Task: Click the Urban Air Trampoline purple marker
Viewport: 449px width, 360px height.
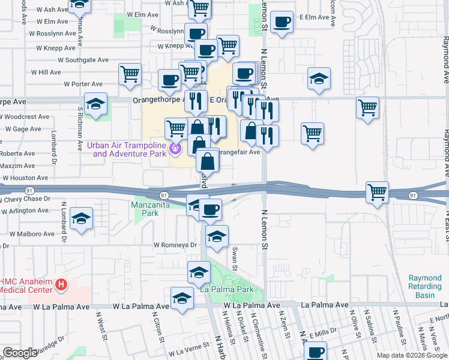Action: tap(175, 148)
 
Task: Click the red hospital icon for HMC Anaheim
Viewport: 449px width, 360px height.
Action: tap(61, 285)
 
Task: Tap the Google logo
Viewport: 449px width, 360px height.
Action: tap(20, 353)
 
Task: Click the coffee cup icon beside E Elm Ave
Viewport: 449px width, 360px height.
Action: tap(281, 23)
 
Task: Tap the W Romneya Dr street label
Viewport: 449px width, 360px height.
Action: tap(175, 245)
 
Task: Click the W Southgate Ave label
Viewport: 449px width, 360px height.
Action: tap(83, 60)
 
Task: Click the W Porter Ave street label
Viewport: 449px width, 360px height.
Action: tap(83, 84)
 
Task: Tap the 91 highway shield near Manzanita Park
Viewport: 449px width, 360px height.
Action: tap(163, 194)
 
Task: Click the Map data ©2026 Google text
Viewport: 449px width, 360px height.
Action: tap(412, 355)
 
